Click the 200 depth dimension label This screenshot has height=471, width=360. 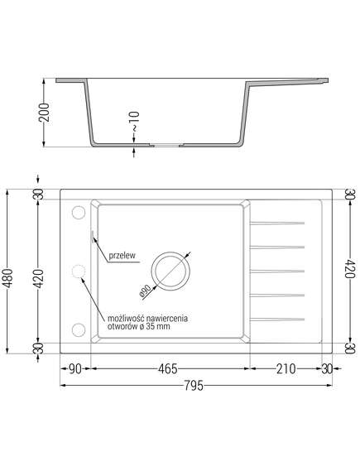pos(44,112)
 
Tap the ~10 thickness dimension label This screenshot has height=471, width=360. pos(134,122)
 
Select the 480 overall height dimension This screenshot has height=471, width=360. pos(8,278)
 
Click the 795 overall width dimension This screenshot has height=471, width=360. pos(194,386)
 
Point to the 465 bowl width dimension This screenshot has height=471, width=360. pos(168,368)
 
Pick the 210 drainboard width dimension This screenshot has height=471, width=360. pos(286,368)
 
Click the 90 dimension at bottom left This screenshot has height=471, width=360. pos(75,368)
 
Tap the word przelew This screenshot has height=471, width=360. pos(122,256)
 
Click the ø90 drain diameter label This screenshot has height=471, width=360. pos(146,291)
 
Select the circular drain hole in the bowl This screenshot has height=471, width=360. pos(170,252)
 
